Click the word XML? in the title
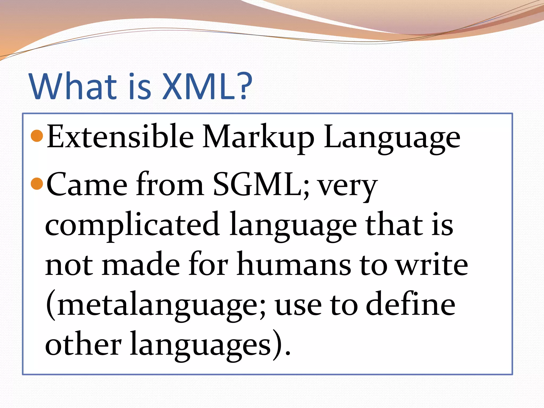coord(207,86)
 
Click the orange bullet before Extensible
coord(37,136)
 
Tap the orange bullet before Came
coord(37,184)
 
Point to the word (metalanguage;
coord(156,305)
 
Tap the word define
coord(411,304)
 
